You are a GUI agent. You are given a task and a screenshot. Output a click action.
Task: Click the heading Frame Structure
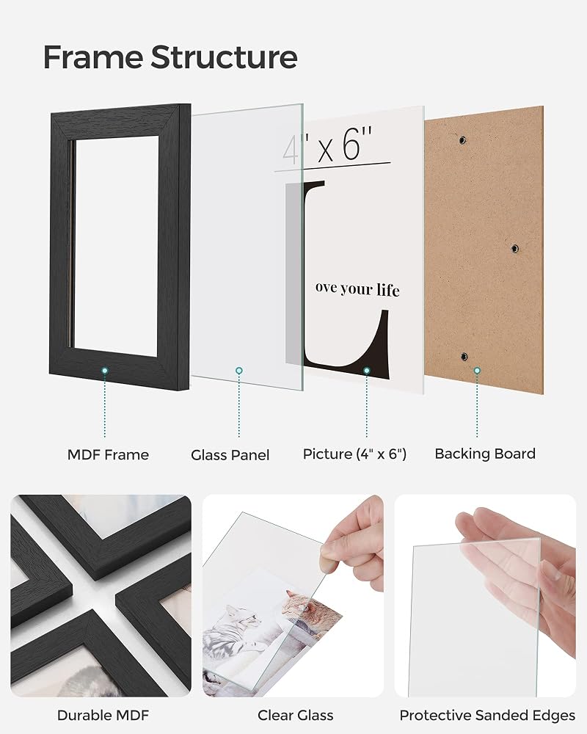(x=170, y=57)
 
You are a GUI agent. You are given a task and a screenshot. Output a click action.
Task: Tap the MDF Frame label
(x=108, y=454)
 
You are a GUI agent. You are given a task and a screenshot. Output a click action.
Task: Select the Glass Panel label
(x=230, y=455)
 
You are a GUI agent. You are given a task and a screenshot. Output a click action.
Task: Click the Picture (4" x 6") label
(x=354, y=454)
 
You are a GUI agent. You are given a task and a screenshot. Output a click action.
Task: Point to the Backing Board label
(x=485, y=454)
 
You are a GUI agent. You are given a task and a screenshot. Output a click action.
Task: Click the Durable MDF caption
(x=103, y=715)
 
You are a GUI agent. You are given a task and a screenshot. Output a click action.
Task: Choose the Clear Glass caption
(x=296, y=715)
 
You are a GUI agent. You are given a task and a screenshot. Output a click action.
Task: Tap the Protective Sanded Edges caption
(x=487, y=715)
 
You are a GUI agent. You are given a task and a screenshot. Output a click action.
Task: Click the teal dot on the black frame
(x=105, y=371)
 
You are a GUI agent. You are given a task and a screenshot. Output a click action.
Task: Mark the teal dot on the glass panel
(x=239, y=371)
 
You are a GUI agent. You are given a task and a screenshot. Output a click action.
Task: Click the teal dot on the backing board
(x=477, y=371)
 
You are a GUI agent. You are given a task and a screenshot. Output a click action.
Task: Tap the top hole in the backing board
(x=462, y=139)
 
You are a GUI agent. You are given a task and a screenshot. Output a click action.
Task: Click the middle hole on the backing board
(x=514, y=248)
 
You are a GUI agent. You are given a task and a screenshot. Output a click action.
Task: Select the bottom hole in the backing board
(x=464, y=357)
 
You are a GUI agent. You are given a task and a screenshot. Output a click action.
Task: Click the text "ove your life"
(x=357, y=288)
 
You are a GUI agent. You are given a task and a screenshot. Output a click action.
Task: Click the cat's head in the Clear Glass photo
(x=294, y=603)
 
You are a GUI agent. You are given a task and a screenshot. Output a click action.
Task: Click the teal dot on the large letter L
(x=367, y=371)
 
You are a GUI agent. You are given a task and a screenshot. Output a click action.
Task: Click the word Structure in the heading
(x=224, y=57)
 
